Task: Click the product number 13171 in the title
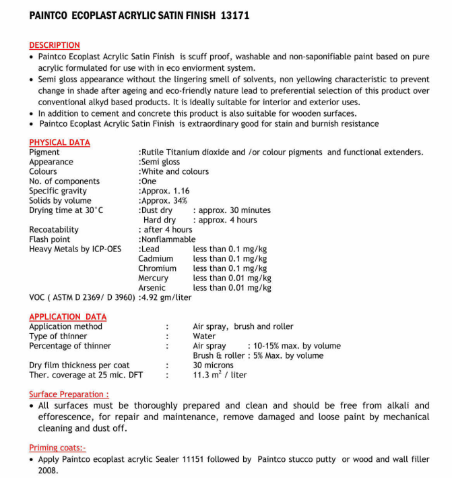click(235, 16)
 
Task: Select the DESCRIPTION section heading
click(55, 45)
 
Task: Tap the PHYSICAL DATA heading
click(59, 142)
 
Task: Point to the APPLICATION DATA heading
click(67, 317)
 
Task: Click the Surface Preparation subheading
click(69, 394)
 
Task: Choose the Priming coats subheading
click(57, 448)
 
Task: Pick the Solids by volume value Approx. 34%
click(164, 200)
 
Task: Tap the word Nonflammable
click(168, 239)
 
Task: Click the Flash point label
click(50, 239)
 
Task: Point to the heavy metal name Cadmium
click(156, 258)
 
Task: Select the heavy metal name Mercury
click(154, 278)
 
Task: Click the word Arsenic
click(152, 288)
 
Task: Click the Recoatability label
click(54, 230)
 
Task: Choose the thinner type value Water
click(204, 336)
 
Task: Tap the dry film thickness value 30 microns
click(214, 365)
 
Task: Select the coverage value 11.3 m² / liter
click(220, 375)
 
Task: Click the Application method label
click(66, 326)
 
